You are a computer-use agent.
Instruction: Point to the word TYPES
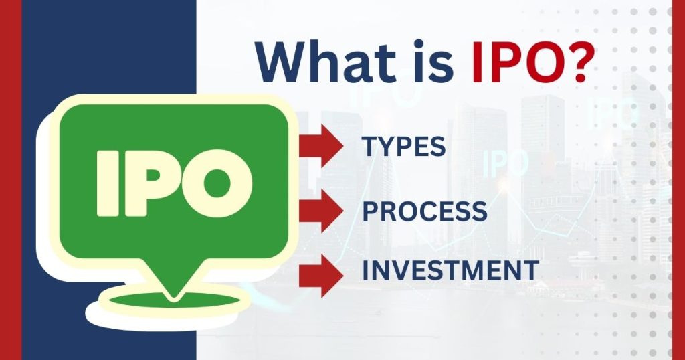403,147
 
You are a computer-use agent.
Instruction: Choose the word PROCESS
424,212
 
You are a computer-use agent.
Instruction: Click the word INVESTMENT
450,271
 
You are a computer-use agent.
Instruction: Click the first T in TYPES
369,147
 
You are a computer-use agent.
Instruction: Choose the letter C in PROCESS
431,212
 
